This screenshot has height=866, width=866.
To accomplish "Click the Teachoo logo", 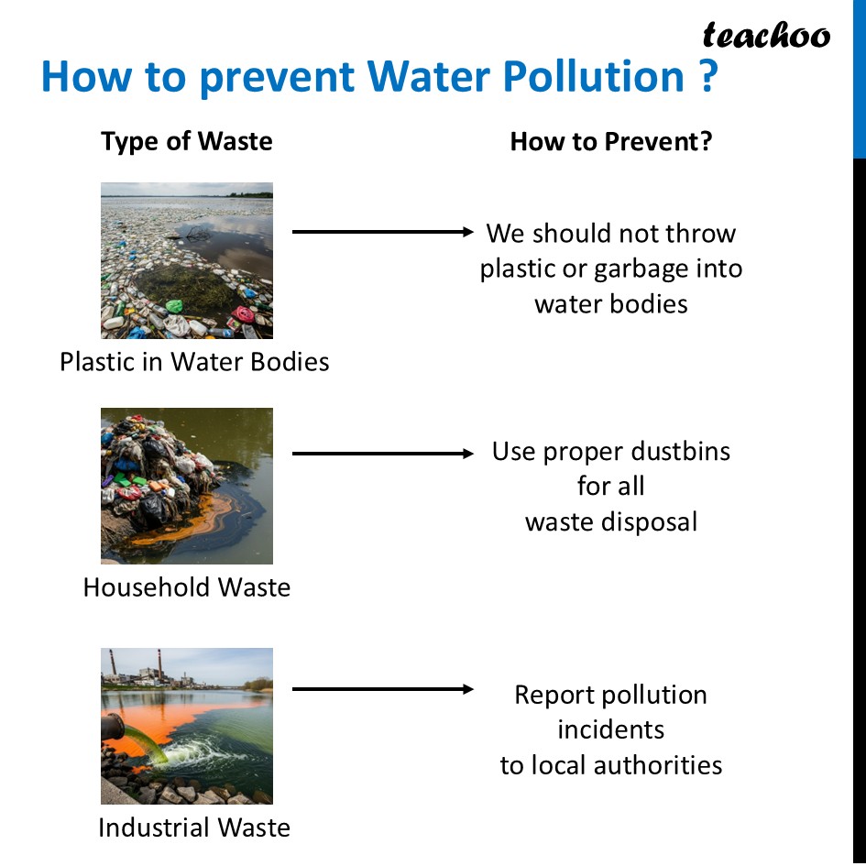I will (766, 37).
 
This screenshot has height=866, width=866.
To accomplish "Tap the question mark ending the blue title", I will (706, 78).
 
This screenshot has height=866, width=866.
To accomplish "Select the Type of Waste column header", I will (187, 141).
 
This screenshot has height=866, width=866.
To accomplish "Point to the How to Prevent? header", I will (611, 141).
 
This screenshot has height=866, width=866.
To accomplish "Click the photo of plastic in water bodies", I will (187, 260).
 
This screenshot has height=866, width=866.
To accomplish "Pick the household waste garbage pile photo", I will (187, 486).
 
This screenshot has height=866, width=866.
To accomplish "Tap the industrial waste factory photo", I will (187, 726).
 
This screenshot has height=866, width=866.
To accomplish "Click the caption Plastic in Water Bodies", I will (194, 361).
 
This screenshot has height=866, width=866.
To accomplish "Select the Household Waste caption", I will (187, 586).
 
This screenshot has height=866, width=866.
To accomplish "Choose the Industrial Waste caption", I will (194, 828).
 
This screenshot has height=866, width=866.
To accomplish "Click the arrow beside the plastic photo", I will (381, 232).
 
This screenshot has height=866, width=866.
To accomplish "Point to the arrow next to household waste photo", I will (381, 453).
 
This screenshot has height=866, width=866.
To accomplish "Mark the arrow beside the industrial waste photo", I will (381, 689).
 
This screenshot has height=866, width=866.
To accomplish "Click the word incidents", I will (611, 729).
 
